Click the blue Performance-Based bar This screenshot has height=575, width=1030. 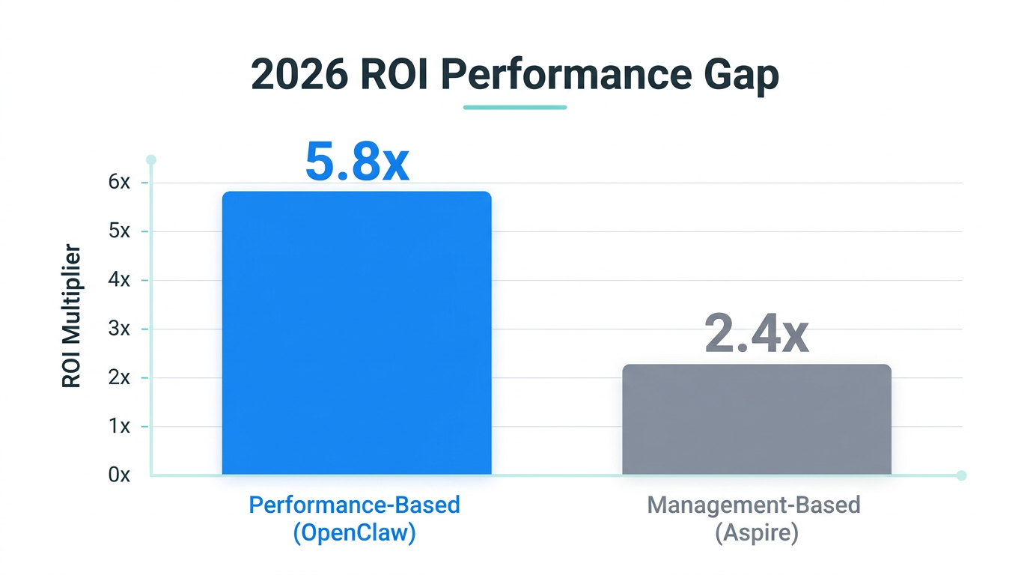(x=356, y=333)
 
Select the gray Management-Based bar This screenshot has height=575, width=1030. (x=756, y=419)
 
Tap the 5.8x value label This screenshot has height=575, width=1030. (x=357, y=162)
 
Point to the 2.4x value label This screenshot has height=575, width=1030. (x=756, y=335)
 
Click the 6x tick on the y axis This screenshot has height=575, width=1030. (x=119, y=183)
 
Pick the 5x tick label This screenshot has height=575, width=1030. (x=119, y=231)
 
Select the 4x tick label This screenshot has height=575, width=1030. (x=119, y=280)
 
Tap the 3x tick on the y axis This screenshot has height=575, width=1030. (x=119, y=329)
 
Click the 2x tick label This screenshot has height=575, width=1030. (x=119, y=377)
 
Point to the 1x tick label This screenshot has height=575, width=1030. (x=119, y=426)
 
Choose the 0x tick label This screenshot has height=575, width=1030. (x=119, y=475)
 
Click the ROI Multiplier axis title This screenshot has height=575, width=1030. (x=71, y=316)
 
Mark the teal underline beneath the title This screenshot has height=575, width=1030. (x=514, y=107)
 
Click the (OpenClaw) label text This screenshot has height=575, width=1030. (x=354, y=533)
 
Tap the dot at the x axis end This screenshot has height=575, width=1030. (x=962, y=475)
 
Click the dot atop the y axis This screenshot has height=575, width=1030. (x=151, y=159)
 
